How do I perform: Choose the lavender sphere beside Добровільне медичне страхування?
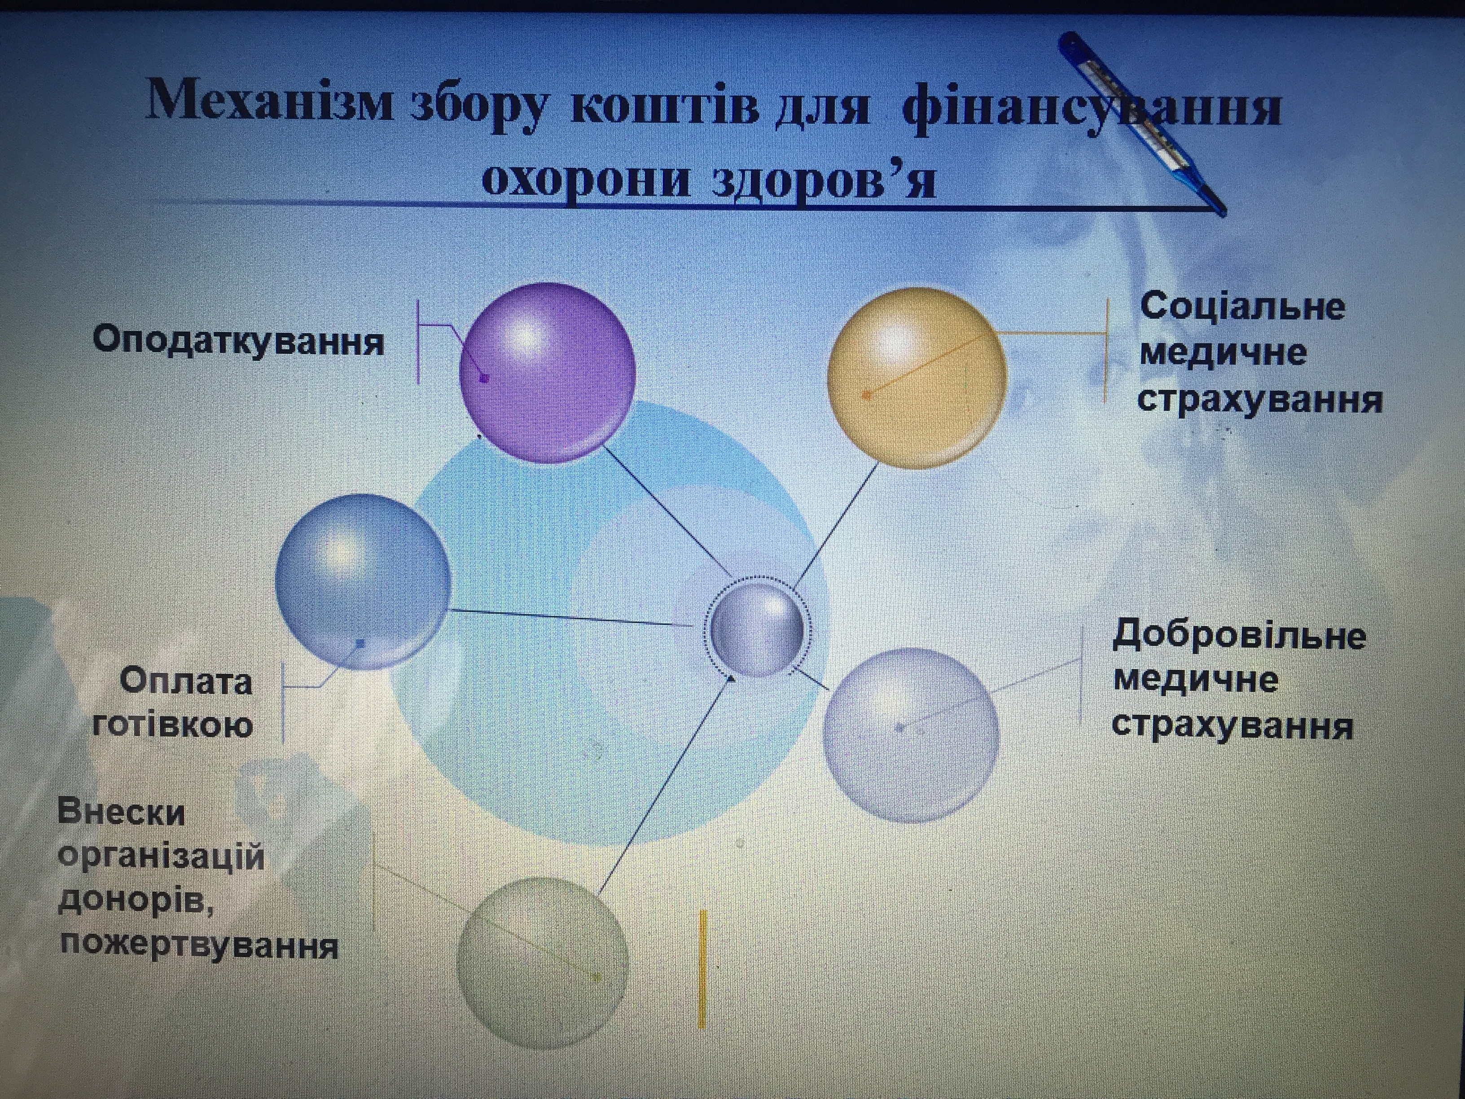[911, 735]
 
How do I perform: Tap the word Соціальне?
[1242, 307]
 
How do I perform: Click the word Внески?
[121, 812]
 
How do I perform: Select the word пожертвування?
[199, 945]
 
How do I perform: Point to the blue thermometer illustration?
[1142, 123]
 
